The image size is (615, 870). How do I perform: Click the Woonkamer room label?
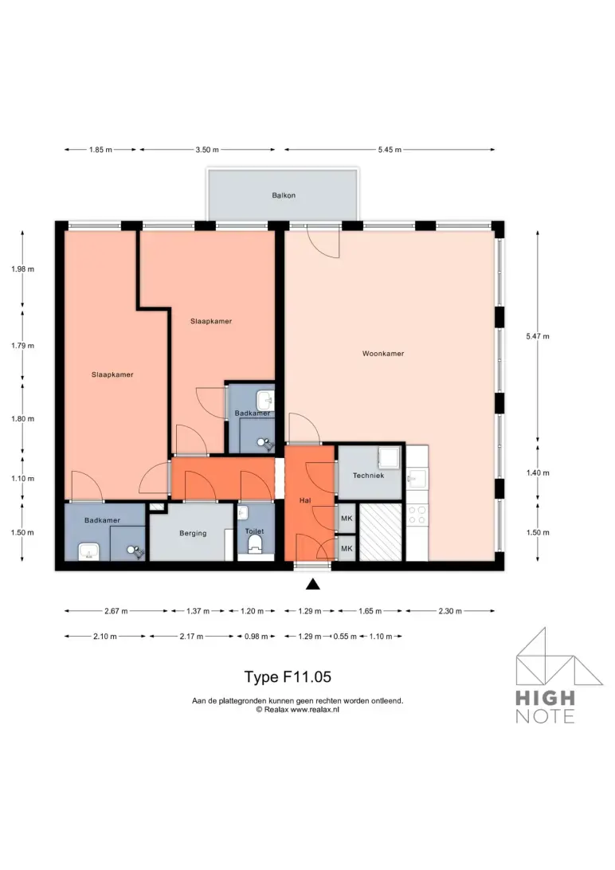[x=382, y=354]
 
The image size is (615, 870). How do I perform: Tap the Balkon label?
[x=284, y=195]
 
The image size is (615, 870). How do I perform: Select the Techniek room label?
[x=368, y=476]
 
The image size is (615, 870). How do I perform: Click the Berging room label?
[x=193, y=533]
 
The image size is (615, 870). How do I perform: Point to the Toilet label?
[x=255, y=531]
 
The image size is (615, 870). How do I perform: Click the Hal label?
[x=305, y=500]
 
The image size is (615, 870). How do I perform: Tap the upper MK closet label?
[x=347, y=519]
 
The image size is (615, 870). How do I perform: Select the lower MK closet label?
[x=347, y=549]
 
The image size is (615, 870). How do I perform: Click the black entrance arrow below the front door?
[x=313, y=584]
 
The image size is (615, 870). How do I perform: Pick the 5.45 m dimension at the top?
[x=390, y=150]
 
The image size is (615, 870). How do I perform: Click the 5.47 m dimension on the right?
[x=538, y=336]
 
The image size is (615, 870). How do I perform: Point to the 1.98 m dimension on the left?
[x=23, y=269]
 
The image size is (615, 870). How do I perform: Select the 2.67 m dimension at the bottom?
[x=116, y=611]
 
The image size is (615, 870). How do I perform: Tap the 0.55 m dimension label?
[x=345, y=637]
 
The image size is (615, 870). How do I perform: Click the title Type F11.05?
[x=288, y=677]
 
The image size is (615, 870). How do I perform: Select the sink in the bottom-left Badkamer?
[x=88, y=551]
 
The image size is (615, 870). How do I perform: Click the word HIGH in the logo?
[x=545, y=697]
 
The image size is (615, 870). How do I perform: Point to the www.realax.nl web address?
[x=315, y=710]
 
